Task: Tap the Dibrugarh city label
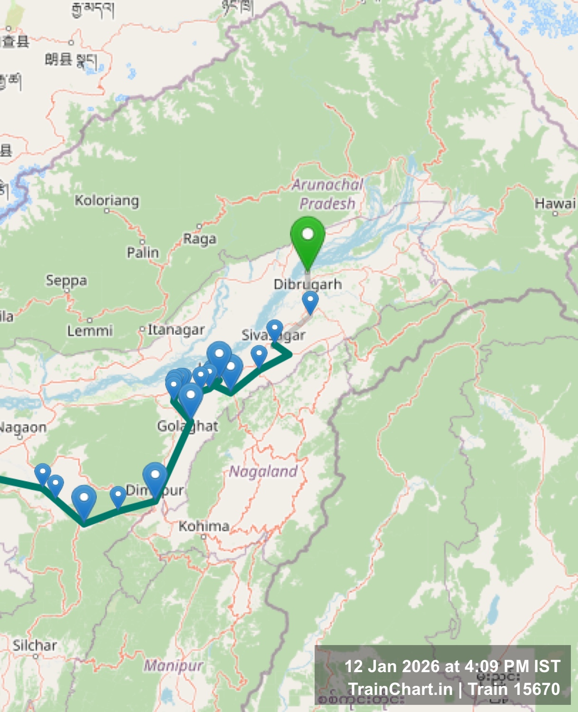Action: (308, 284)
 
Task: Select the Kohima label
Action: (204, 526)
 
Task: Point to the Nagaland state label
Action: (263, 471)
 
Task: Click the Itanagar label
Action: (176, 329)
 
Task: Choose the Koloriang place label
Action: (107, 201)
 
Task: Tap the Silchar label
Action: (35, 646)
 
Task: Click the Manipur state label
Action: (174, 665)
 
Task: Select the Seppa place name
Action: (66, 281)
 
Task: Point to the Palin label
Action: (142, 252)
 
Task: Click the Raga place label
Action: (200, 239)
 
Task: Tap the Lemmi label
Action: (90, 330)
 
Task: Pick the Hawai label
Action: (555, 204)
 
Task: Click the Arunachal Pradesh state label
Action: (327, 194)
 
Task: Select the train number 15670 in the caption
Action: (537, 689)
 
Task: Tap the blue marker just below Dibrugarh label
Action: (310, 301)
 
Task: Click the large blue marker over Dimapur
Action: (155, 477)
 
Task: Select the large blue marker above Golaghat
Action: (191, 398)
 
